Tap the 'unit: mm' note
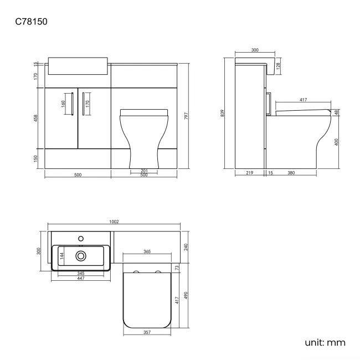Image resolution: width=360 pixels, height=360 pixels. tap(325, 342)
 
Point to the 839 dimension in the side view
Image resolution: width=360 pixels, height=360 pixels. tap(223, 113)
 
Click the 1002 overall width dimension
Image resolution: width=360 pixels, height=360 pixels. tap(114, 222)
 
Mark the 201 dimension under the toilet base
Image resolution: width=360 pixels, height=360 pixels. tap(143, 171)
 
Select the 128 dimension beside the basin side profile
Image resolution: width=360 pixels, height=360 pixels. tap(278, 66)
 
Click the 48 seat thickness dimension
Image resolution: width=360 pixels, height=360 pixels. tap(336, 113)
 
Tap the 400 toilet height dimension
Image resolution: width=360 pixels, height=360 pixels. tap(336, 142)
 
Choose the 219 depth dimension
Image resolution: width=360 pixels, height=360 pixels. tap(249, 173)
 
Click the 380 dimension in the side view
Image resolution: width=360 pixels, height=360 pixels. tap(291, 173)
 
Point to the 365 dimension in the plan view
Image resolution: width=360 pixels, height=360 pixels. tap(147, 251)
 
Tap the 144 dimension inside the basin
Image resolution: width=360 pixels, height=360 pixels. tap(63, 255)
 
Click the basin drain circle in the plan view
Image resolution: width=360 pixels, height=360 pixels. tap(81, 255)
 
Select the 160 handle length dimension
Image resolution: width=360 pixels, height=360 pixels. tap(64, 102)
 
